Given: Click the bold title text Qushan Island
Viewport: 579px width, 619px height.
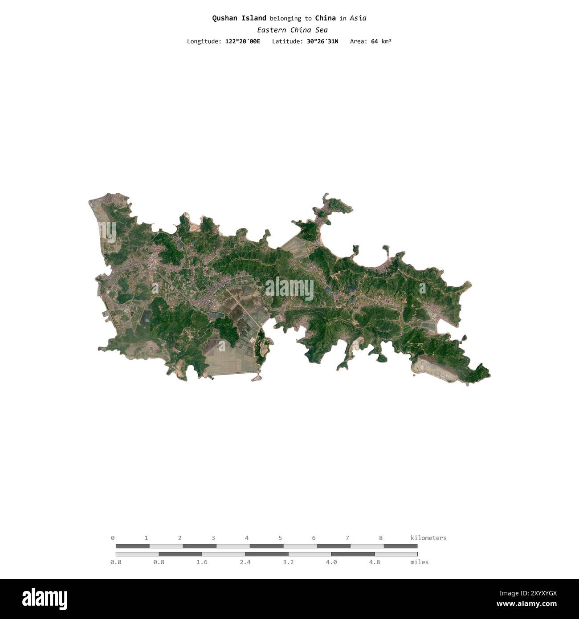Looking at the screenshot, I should (x=239, y=18).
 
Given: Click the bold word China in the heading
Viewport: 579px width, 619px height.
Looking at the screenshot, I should (x=325, y=18).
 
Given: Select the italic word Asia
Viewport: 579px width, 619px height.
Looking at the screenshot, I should (x=358, y=18).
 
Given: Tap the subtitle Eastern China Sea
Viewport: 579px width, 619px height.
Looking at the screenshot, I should (x=292, y=30).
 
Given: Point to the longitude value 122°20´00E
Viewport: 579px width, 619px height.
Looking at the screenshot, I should (x=242, y=41).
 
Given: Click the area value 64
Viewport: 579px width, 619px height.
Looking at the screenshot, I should (x=374, y=41).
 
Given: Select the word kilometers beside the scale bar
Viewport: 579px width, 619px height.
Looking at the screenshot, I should (x=428, y=538).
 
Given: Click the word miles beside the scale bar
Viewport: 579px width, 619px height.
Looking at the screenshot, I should (x=419, y=562).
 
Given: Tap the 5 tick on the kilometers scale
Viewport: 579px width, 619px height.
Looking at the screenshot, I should (x=280, y=538).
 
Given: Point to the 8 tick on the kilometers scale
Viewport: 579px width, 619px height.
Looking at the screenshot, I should (x=381, y=538).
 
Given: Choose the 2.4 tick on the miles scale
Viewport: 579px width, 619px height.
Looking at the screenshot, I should (x=245, y=562).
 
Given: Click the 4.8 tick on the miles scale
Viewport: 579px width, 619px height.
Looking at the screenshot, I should (x=375, y=562).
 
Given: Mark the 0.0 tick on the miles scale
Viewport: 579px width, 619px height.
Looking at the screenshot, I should (x=116, y=562).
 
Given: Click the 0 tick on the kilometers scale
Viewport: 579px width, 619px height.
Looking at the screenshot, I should (x=113, y=538).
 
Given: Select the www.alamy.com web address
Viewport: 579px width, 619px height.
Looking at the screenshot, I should (x=526, y=604).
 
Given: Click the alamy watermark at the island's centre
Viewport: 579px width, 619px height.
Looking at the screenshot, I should (x=289, y=289).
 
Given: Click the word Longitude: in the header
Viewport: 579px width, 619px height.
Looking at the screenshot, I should (x=204, y=41).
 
